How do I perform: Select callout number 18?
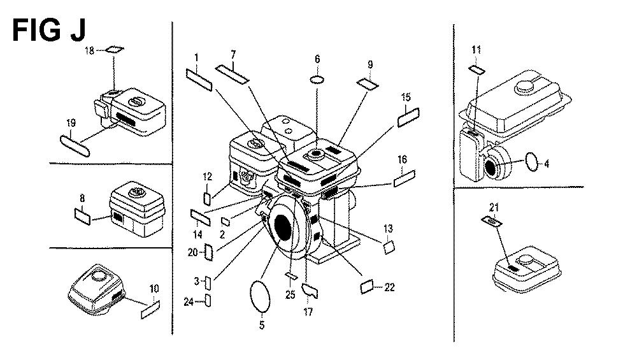point(90,50)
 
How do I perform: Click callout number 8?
point(82,199)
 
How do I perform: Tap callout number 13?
point(388,228)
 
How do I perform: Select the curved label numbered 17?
point(310,291)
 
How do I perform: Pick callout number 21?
point(494,206)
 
